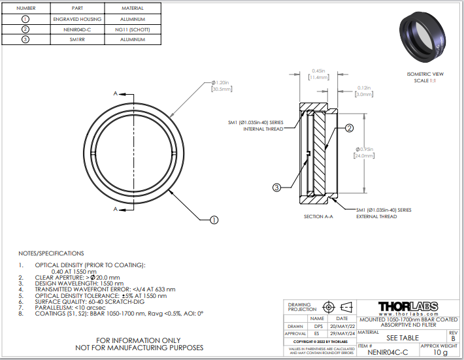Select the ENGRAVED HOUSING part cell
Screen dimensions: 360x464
coord(77,20)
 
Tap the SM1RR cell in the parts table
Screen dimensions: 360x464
coord(77,40)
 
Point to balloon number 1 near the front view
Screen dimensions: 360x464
coord(213,220)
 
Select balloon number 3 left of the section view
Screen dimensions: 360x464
coord(276,188)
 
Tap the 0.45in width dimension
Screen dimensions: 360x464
coord(318,71)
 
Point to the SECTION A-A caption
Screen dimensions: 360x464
coord(318,216)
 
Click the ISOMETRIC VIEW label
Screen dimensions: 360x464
coord(425,74)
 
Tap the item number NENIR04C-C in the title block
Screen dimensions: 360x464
coord(388,352)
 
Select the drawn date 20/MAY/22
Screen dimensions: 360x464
coord(342,326)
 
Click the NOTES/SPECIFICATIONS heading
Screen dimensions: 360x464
coord(51,253)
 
